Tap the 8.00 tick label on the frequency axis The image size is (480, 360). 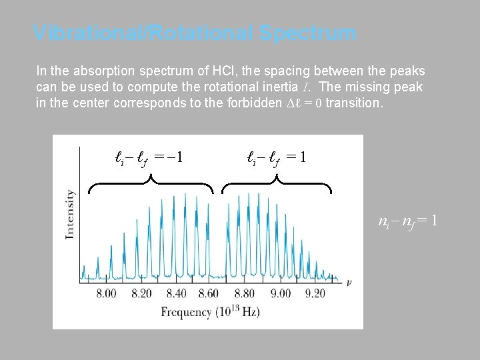pos(110,293)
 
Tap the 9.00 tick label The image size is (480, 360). pos(281,293)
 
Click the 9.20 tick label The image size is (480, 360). pos(315,293)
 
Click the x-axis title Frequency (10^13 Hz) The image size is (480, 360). pos(210,312)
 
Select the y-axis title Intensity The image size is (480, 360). pos(69,214)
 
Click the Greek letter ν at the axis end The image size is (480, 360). pos(349,282)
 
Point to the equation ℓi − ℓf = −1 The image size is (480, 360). pos(149,158)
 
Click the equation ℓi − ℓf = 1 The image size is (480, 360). pos(276,158)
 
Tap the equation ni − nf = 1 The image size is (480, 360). pos(407,221)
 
